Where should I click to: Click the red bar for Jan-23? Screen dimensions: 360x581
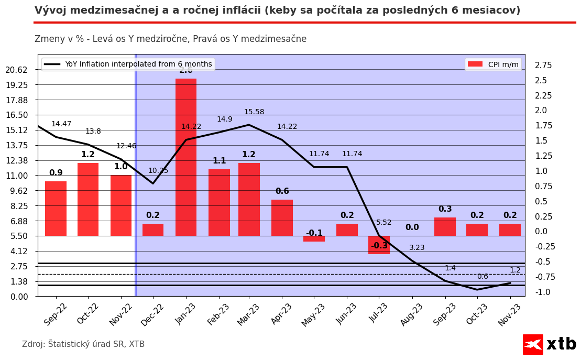[x=186, y=157]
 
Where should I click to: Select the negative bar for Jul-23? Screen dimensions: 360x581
[x=379, y=245]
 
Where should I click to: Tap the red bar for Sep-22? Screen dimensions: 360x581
[x=56, y=209]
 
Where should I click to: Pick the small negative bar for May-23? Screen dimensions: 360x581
[x=314, y=238]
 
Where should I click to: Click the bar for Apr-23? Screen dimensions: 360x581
[x=282, y=217]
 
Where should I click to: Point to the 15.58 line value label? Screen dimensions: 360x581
[x=254, y=112]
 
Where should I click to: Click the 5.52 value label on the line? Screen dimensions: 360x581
[x=384, y=223]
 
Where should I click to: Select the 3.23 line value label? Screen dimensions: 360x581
[x=417, y=248]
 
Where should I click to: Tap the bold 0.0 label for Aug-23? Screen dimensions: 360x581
[x=412, y=227]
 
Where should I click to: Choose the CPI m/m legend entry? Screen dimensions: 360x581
[x=493, y=64]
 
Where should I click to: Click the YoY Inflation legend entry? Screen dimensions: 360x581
[x=128, y=64]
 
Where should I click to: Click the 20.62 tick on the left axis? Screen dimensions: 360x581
[x=20, y=70]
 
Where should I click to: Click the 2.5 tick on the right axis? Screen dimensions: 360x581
[x=541, y=80]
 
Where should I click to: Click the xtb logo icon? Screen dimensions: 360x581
[x=533, y=344]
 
